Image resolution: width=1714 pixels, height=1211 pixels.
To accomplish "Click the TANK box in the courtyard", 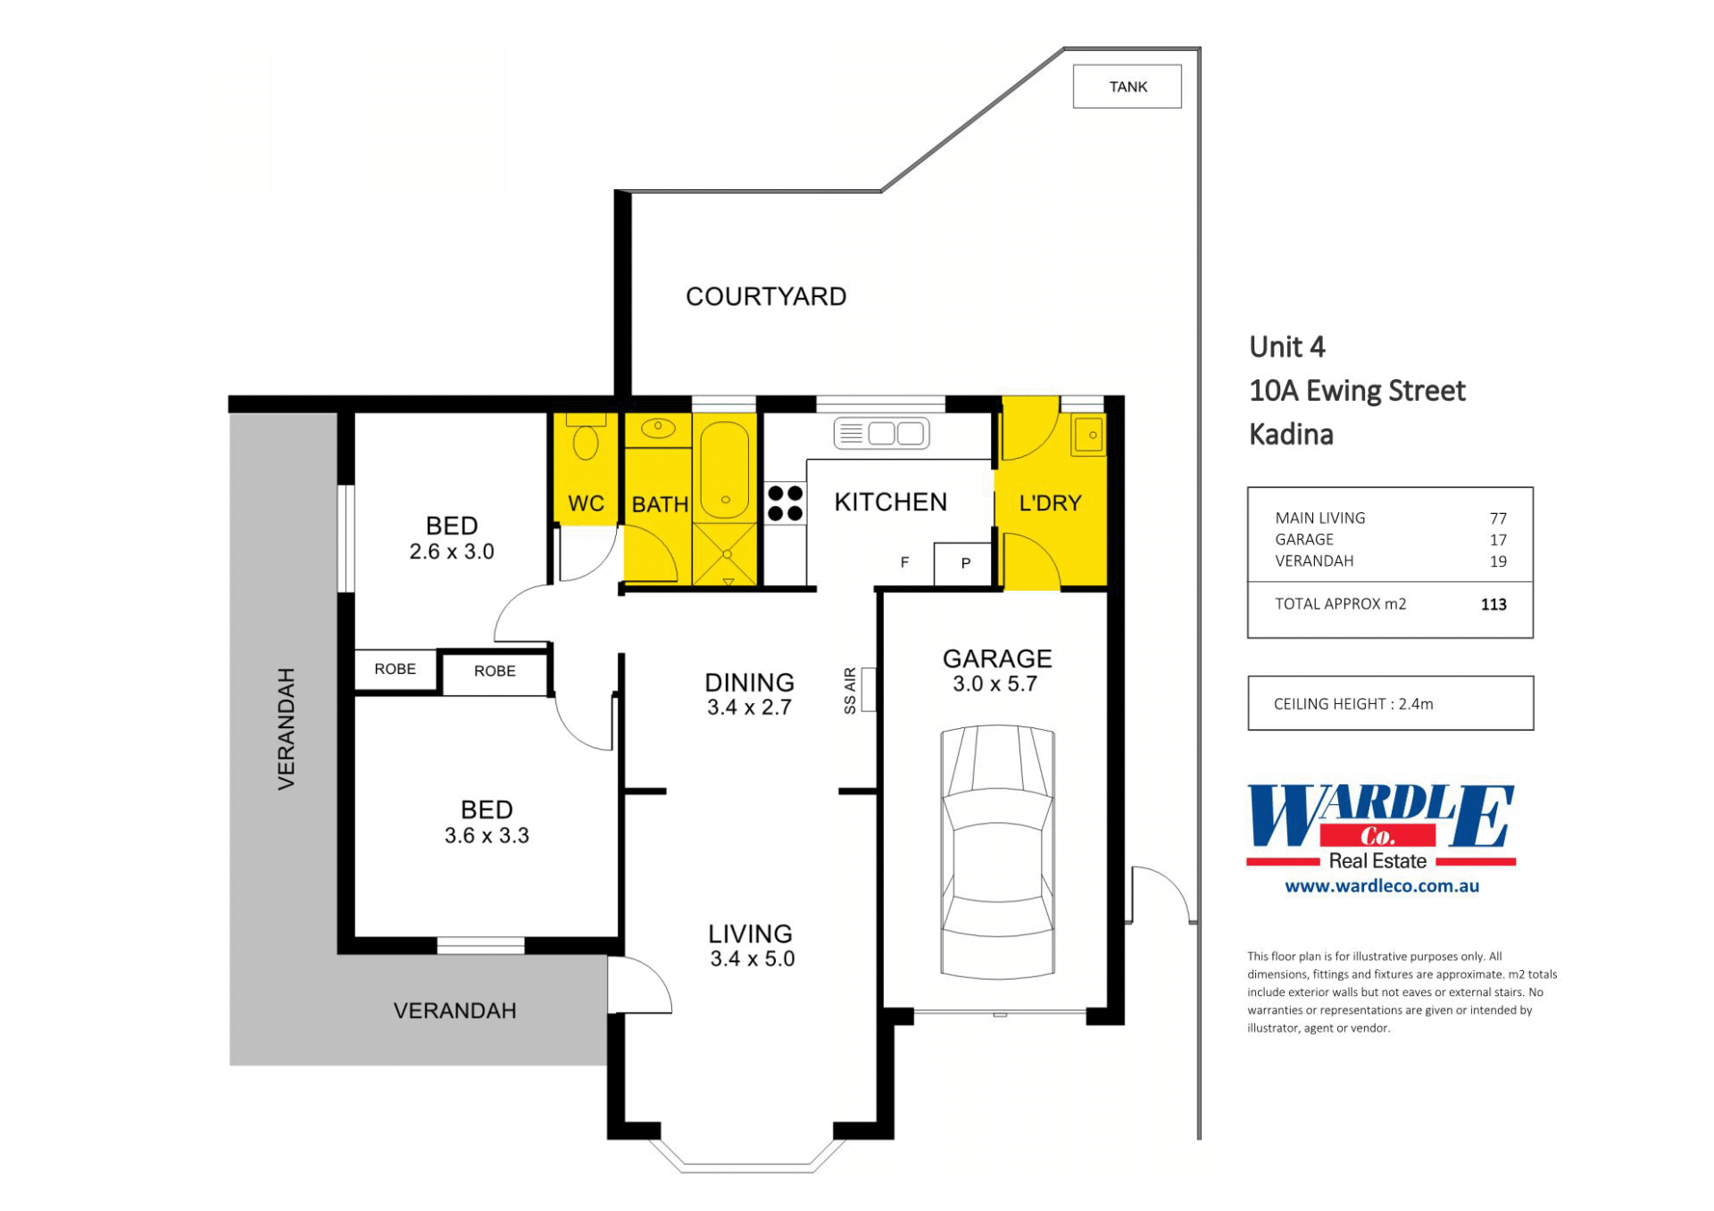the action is [1127, 87].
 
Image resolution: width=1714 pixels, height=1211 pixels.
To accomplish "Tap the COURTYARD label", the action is [766, 296].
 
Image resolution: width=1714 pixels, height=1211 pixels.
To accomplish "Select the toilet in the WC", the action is [586, 436].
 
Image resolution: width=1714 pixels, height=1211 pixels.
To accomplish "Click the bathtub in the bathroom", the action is [725, 469].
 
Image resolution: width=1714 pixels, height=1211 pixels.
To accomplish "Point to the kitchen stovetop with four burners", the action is [786, 503].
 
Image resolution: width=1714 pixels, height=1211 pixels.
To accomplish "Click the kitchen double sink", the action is [881, 434].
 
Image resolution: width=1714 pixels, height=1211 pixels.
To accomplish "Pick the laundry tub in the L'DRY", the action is [1089, 435].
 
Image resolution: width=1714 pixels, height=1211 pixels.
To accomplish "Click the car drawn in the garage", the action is [998, 851].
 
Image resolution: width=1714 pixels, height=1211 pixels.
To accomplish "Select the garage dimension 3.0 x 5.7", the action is [995, 684].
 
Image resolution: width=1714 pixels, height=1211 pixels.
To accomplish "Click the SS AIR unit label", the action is [850, 691].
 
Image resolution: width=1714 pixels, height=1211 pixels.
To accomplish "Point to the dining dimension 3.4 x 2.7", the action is [750, 708].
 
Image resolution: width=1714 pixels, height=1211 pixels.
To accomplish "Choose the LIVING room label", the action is [751, 934].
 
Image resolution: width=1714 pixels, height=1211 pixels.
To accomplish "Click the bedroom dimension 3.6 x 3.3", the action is [487, 836].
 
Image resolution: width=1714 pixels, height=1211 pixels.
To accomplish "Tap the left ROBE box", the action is [395, 669].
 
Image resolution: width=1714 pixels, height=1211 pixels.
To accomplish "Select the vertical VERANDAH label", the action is [286, 729].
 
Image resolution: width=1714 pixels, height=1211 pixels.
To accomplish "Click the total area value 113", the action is [1494, 605].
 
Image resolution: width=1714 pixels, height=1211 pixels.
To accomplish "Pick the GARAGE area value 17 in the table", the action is [1498, 540].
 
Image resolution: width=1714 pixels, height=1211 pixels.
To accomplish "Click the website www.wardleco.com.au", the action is [1382, 886].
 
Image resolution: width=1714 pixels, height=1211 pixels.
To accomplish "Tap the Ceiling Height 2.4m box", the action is [1390, 703].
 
